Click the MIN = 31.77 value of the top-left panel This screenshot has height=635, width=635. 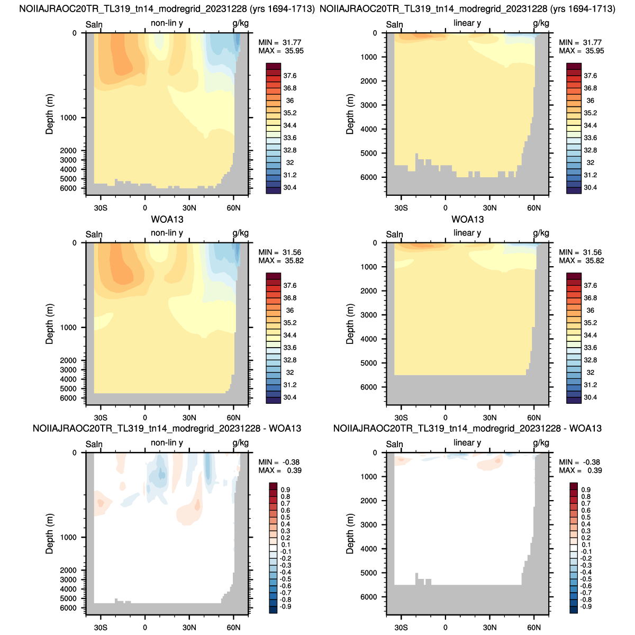click(x=279, y=42)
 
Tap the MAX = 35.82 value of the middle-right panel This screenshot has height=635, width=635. click(x=581, y=261)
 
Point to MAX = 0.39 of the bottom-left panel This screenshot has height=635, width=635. click(x=280, y=470)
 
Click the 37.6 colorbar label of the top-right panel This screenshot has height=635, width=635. click(x=590, y=76)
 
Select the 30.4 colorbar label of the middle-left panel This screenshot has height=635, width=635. click(x=289, y=397)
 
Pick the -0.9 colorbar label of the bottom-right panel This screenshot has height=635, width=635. click(x=586, y=606)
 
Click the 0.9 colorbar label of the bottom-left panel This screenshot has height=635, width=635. click(x=285, y=489)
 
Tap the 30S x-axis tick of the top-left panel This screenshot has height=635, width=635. click(x=101, y=208)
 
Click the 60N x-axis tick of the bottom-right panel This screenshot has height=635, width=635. click(x=534, y=628)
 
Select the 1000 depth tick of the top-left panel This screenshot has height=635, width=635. click(x=68, y=117)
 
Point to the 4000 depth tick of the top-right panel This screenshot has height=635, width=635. click(x=369, y=129)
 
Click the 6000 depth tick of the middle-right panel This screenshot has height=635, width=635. click(x=369, y=387)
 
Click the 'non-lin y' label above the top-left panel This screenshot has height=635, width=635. click(x=167, y=23)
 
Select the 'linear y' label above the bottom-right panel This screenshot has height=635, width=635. click(x=467, y=442)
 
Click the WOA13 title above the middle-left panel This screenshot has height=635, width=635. click(x=167, y=219)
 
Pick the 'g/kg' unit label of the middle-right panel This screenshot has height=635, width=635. click(x=541, y=233)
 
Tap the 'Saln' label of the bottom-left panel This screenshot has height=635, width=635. click(x=94, y=444)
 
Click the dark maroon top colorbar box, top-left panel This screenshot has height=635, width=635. click(x=273, y=66)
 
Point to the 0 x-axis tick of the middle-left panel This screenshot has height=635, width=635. click(x=145, y=418)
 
